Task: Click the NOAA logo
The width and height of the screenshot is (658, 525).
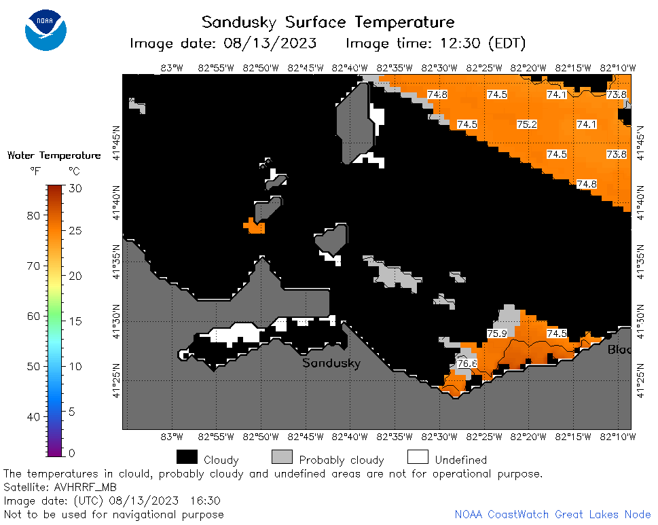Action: (45, 30)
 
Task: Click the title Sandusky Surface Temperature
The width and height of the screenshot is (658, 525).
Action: (328, 22)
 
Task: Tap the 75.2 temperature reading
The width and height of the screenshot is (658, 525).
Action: (527, 124)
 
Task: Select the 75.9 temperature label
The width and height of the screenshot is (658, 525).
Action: (497, 333)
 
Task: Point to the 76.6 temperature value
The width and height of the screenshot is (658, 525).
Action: (467, 363)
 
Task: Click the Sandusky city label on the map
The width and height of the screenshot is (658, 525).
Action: (331, 363)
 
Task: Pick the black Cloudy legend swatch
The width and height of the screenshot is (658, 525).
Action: (187, 457)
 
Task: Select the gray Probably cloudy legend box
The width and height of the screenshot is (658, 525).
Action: (282, 457)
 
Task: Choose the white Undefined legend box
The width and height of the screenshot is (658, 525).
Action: (418, 457)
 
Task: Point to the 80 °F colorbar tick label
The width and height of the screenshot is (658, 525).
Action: (33, 216)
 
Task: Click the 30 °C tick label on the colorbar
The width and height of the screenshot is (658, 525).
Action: (75, 188)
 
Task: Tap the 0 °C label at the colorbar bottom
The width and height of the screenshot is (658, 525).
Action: (72, 453)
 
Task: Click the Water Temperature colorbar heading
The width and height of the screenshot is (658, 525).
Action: (54, 156)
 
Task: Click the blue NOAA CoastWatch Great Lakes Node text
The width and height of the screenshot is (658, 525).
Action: (553, 515)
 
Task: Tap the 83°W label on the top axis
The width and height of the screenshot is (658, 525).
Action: (172, 68)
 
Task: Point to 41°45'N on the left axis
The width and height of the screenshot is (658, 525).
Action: (116, 143)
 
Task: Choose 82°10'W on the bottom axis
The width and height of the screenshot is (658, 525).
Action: (618, 437)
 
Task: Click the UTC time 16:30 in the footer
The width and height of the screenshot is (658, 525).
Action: (205, 501)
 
